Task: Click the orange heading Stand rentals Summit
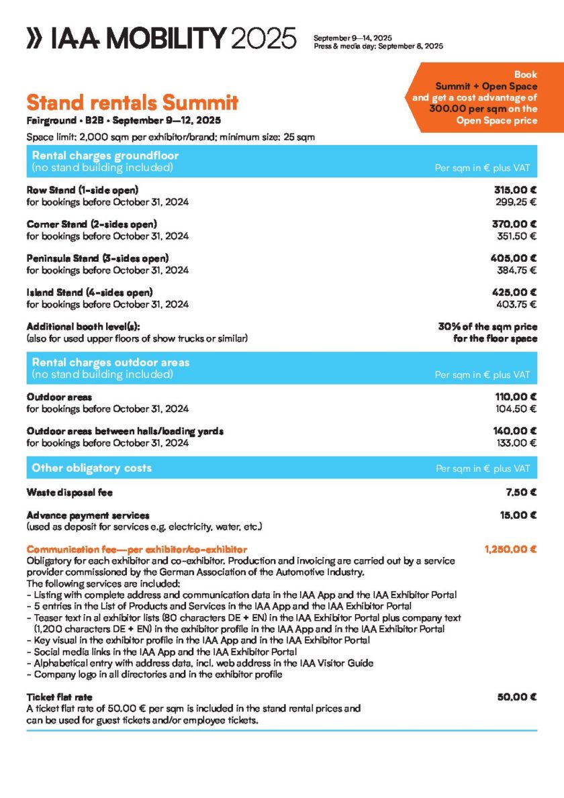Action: pos(132,103)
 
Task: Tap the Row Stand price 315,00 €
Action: pos(515,190)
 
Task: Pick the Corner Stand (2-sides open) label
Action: pos(91,224)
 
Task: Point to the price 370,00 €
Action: pos(514,224)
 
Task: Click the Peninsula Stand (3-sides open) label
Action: pos(97,258)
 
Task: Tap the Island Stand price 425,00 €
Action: pos(514,293)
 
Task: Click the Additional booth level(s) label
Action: pos(83,327)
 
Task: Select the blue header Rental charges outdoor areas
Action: pos(111,362)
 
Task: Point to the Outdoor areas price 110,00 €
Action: pos(515,397)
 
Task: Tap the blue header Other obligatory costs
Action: pos(92,468)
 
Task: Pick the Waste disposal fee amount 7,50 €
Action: pos(521,492)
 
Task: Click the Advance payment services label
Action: pos(87,515)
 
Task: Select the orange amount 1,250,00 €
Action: pos(510,550)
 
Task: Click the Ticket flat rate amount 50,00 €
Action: pos(517,697)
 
